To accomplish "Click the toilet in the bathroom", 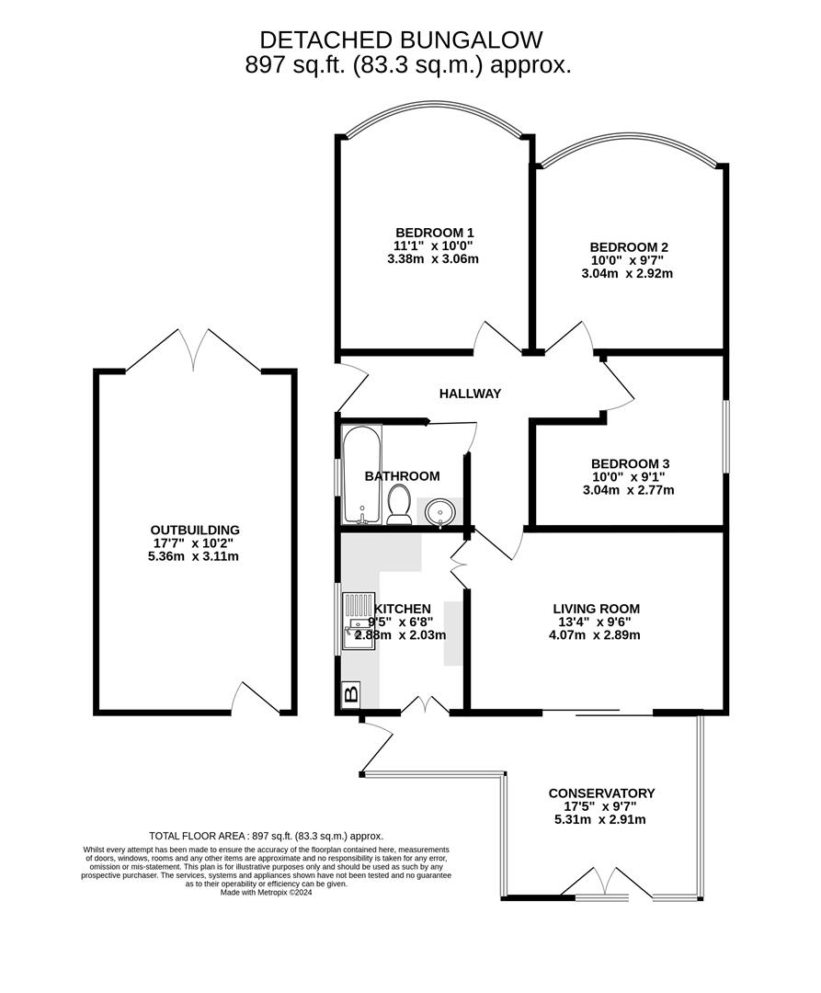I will pos(399,505).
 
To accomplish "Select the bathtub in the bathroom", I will pos(360,474).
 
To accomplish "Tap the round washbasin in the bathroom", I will pos(442,512).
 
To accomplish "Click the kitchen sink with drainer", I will pos(359,622).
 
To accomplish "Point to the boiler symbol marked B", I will pos(350,694).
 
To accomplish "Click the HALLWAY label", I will pos(470,394).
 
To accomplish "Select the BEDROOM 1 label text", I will pos(434,232).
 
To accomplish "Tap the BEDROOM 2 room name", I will pos(629,246).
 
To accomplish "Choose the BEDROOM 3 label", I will pos(630,463).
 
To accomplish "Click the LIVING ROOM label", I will pos(596,608).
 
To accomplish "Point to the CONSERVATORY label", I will pos(601,793).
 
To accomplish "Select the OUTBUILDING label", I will pos(195,530).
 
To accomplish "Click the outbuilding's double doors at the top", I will pos(194,351).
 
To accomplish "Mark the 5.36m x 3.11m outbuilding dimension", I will pos(195,556).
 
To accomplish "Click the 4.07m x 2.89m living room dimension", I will pos(596,634).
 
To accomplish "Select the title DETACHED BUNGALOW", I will pos(401,40).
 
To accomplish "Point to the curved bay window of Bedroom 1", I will pos(434,115).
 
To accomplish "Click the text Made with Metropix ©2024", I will pos(267,892).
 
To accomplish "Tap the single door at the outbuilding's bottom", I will pos(254,699).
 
